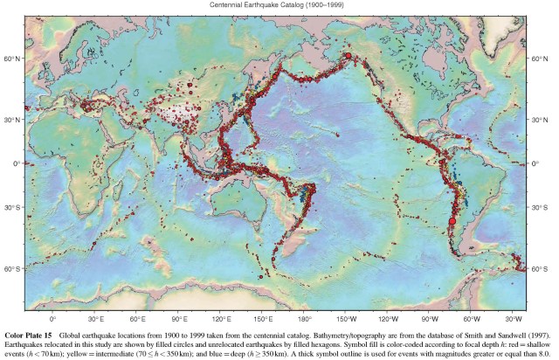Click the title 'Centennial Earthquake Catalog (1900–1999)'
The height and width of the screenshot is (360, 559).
(x=279, y=4)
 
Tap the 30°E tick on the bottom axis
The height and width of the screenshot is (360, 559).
(x=95, y=320)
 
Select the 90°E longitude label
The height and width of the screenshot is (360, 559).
(x=179, y=320)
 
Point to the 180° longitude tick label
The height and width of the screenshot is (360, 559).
(x=305, y=320)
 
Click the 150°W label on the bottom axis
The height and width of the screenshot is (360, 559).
(x=347, y=320)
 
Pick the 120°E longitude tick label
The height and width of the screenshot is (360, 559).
(x=221, y=320)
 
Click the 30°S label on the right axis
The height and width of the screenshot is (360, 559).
(x=543, y=208)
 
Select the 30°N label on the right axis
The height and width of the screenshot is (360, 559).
(x=543, y=120)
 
